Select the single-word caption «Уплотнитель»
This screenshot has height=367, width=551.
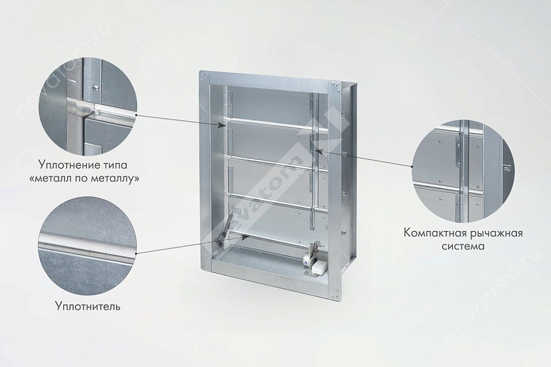click(x=88, y=306)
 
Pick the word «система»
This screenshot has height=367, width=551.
click(x=463, y=246)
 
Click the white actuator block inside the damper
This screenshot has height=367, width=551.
click(x=317, y=269)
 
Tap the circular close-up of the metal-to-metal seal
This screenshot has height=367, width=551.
click(x=87, y=106)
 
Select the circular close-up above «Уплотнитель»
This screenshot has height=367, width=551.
click(x=87, y=246)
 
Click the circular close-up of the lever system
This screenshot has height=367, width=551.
click(x=463, y=171)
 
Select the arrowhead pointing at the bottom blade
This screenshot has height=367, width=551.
click(x=246, y=237)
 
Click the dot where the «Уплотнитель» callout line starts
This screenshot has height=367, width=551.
click(x=136, y=253)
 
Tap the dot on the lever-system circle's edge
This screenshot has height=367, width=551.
click(x=412, y=166)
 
